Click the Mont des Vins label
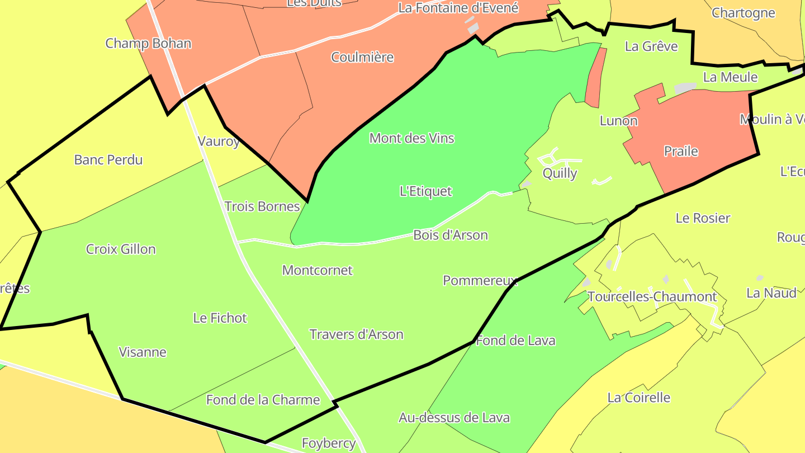(x=412, y=138)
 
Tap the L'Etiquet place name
(x=426, y=191)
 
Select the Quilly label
(x=560, y=173)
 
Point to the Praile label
(x=681, y=151)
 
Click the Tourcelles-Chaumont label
(x=652, y=297)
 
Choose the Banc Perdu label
(x=108, y=160)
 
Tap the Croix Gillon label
(x=121, y=249)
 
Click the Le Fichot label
(x=220, y=318)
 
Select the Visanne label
(x=143, y=352)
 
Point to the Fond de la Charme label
(x=263, y=400)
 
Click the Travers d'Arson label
(x=356, y=334)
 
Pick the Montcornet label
(x=317, y=271)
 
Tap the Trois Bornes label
(x=262, y=207)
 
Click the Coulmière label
(x=362, y=58)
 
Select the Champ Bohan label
(x=148, y=44)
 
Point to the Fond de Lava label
(x=515, y=341)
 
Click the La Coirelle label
(x=638, y=398)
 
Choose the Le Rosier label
(x=703, y=218)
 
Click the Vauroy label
(x=219, y=141)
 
